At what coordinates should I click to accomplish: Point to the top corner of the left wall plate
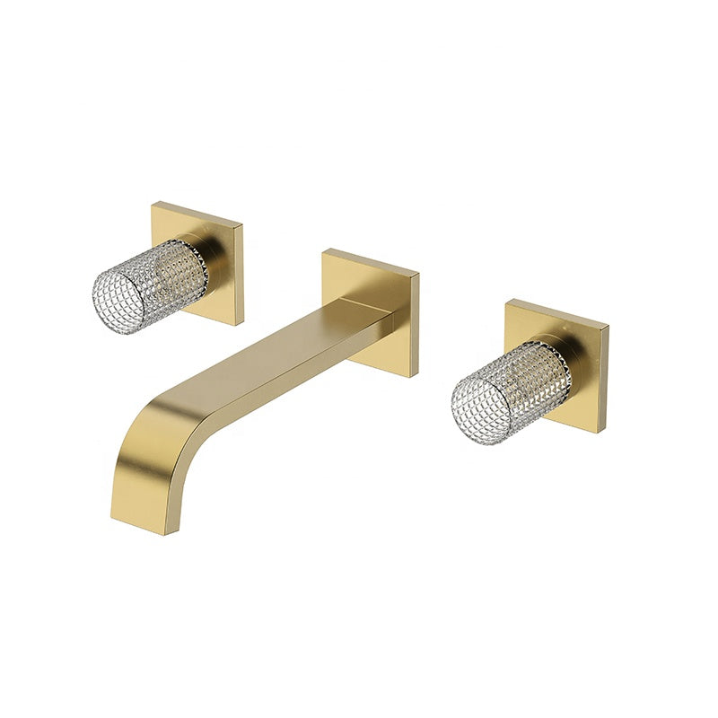click(153, 202)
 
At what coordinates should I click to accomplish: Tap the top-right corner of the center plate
click(419, 270)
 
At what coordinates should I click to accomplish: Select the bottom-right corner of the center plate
click(416, 376)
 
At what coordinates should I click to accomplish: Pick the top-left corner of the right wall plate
click(508, 300)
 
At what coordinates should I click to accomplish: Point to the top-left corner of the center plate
click(325, 249)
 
